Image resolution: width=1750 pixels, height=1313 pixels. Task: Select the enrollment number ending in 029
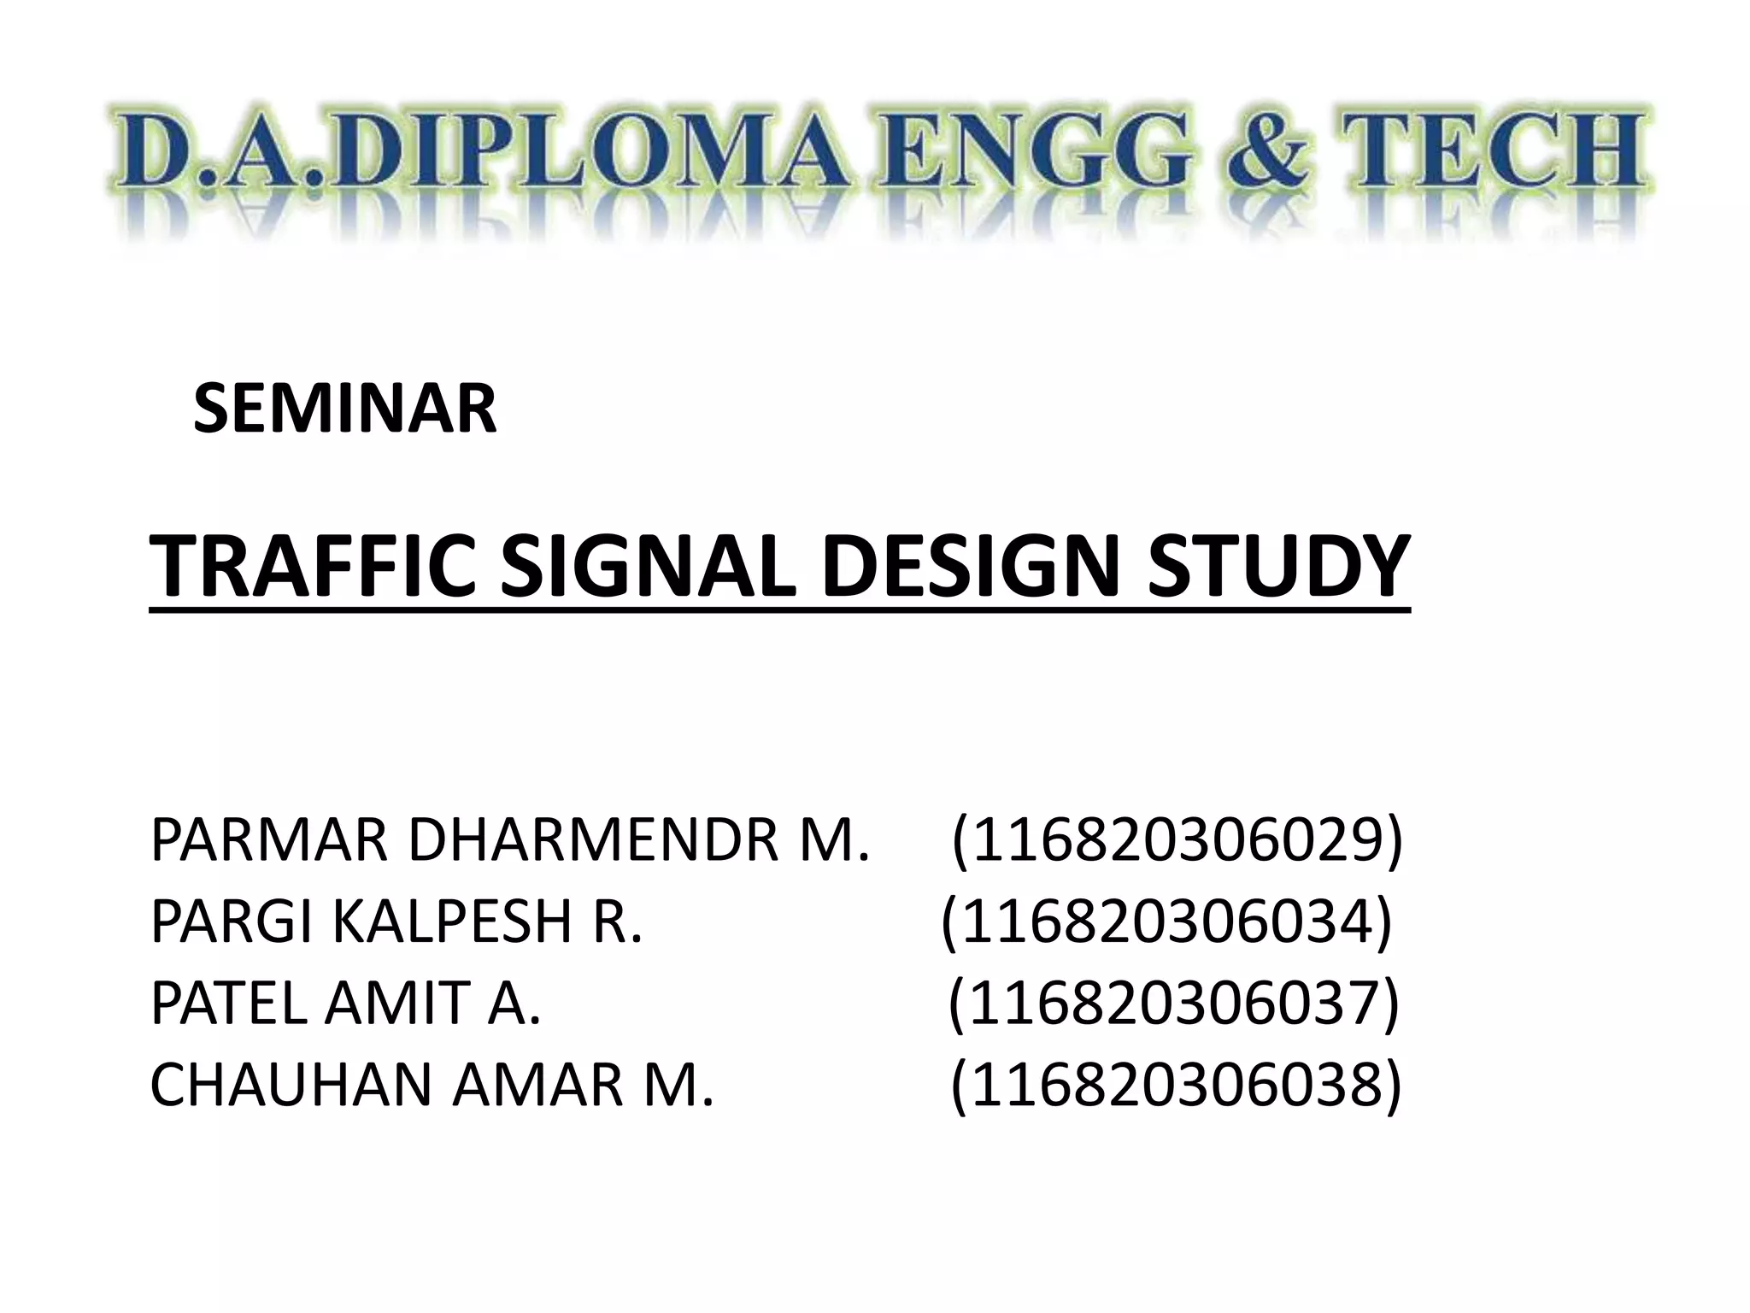(1177, 841)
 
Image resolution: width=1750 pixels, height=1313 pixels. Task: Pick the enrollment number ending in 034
(1166, 922)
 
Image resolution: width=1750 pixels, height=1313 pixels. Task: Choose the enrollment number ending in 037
(1174, 1004)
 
